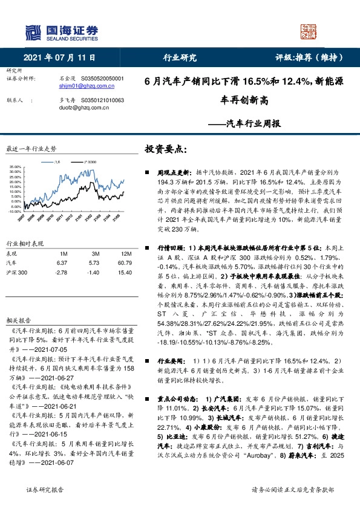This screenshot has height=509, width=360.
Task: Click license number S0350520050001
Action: [102, 79]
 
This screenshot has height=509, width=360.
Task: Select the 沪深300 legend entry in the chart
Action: [89, 163]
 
